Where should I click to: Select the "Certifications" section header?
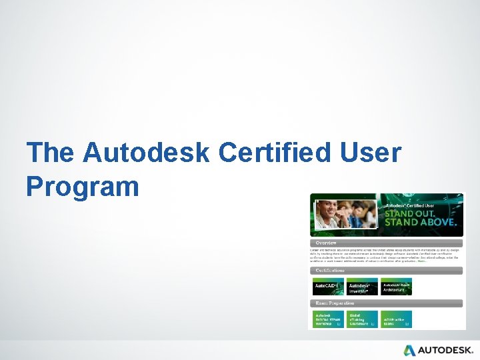(x=331, y=271)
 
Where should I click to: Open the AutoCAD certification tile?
(x=328, y=287)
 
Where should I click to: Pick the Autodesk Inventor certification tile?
(x=362, y=287)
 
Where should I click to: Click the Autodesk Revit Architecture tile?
(x=397, y=287)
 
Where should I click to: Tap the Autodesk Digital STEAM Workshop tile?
(x=328, y=319)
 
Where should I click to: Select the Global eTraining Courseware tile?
(x=362, y=319)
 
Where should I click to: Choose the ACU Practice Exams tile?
(x=397, y=319)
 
